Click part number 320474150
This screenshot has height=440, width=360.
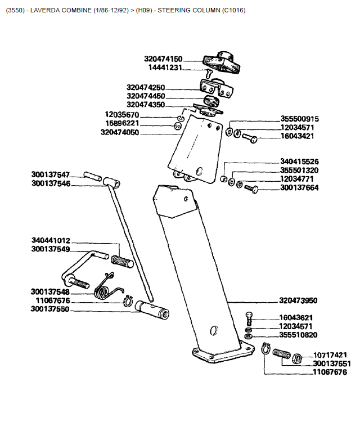pyautogui.click(x=163, y=59)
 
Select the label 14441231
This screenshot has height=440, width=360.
pyautogui.click(x=165, y=67)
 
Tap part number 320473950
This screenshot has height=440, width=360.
pyautogui.click(x=298, y=300)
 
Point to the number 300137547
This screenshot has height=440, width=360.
pyautogui.click(x=51, y=174)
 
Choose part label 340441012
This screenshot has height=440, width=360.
pyautogui.click(x=51, y=240)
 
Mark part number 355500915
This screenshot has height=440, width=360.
pyautogui.click(x=299, y=119)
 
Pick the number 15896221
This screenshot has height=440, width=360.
pyautogui.click(x=122, y=123)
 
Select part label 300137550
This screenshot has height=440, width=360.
pyautogui.click(x=50, y=309)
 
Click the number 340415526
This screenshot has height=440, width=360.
pyautogui.click(x=299, y=161)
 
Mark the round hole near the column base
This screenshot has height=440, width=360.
pyautogui.click(x=213, y=330)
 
